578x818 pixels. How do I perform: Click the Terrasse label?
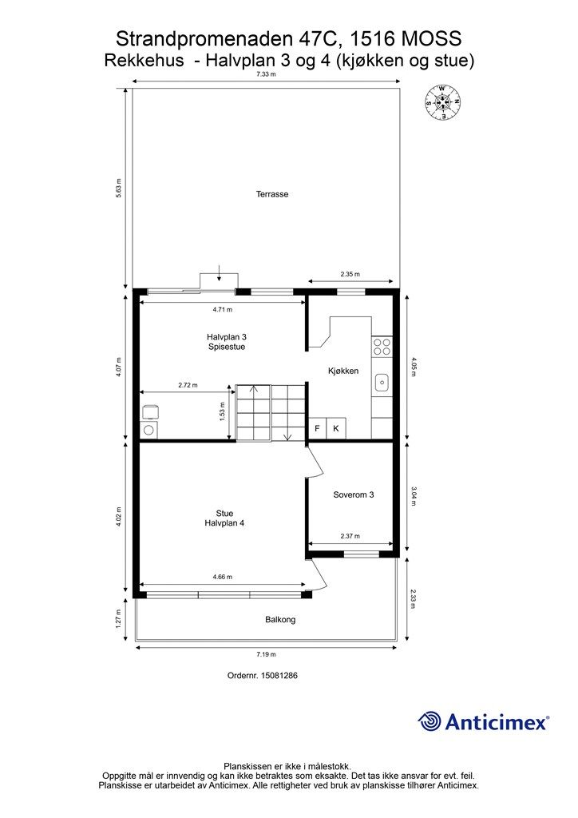(272, 194)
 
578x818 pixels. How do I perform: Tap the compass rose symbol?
(443, 102)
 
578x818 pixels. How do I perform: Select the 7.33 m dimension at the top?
(266, 74)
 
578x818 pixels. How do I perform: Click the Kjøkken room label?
(343, 371)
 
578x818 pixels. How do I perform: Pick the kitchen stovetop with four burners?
(382, 347)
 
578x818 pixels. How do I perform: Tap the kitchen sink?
(382, 383)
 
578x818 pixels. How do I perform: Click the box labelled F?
(317, 428)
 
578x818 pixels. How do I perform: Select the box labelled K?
(336, 428)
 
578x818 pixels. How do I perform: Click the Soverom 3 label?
(354, 494)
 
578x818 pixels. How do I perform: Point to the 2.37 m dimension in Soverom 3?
(350, 536)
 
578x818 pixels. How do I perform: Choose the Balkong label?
(280, 620)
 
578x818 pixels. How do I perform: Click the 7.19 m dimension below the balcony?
(266, 654)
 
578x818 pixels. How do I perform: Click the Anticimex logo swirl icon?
(430, 722)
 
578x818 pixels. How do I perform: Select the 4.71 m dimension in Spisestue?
(223, 309)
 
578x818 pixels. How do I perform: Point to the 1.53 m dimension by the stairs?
(223, 411)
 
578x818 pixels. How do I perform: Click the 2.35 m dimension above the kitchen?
(350, 274)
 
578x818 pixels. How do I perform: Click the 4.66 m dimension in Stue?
(223, 577)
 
